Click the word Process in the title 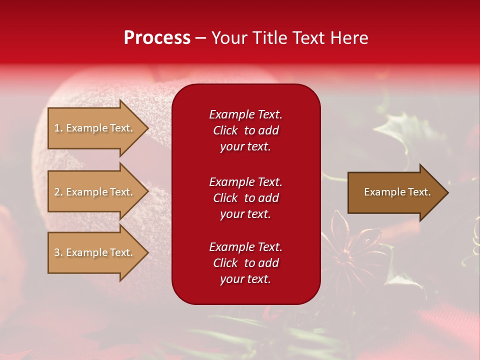pyautogui.click(x=157, y=38)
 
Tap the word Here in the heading pyautogui.click(x=348, y=38)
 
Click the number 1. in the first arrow pyautogui.click(x=58, y=128)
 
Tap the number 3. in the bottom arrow pyautogui.click(x=58, y=253)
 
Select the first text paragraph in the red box pyautogui.click(x=245, y=130)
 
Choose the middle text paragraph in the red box pyautogui.click(x=245, y=198)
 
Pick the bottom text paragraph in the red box pyautogui.click(x=245, y=263)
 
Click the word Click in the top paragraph pyautogui.click(x=225, y=131)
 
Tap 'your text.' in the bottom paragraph pyautogui.click(x=245, y=279)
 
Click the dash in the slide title pyautogui.click(x=200, y=38)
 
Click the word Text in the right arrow pyautogui.click(x=418, y=192)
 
